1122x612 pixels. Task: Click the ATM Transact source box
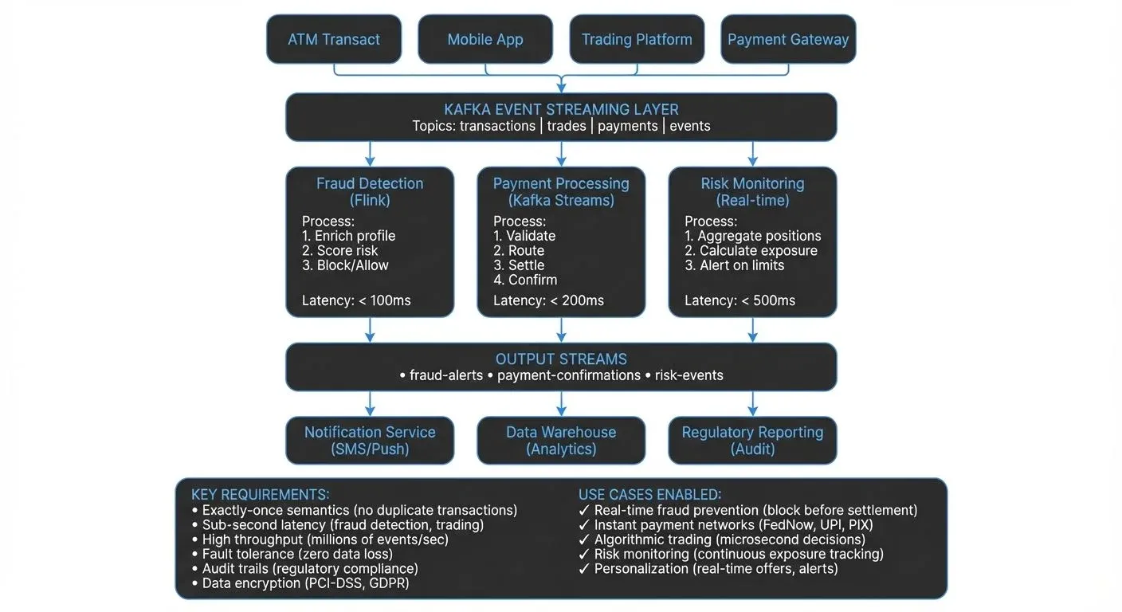pyautogui.click(x=334, y=39)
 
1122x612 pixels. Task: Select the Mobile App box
pyautogui.click(x=484, y=39)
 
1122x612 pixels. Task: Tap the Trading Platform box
pyautogui.click(x=637, y=39)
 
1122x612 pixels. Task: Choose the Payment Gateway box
pyautogui.click(x=788, y=39)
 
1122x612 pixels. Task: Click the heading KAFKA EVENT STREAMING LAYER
pyautogui.click(x=561, y=109)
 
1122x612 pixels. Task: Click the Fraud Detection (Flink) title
pyautogui.click(x=370, y=191)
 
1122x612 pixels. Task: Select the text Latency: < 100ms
pyautogui.click(x=356, y=300)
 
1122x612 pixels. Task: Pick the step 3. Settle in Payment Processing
pyautogui.click(x=519, y=265)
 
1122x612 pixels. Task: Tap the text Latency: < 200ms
pyautogui.click(x=548, y=300)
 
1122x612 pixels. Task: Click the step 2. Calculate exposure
pyautogui.click(x=751, y=251)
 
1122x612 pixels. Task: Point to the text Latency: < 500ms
pyautogui.click(x=740, y=300)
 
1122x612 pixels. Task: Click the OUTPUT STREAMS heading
pyautogui.click(x=561, y=359)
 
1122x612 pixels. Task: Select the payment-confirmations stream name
pyautogui.click(x=568, y=375)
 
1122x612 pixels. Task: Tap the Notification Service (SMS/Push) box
pyautogui.click(x=370, y=440)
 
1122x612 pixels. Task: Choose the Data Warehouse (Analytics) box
pyautogui.click(x=561, y=440)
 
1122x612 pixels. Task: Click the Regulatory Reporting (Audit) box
pyautogui.click(x=752, y=440)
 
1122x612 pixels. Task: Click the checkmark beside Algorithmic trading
pyautogui.click(x=584, y=539)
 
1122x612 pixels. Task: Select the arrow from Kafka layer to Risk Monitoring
pyautogui.click(x=752, y=154)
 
